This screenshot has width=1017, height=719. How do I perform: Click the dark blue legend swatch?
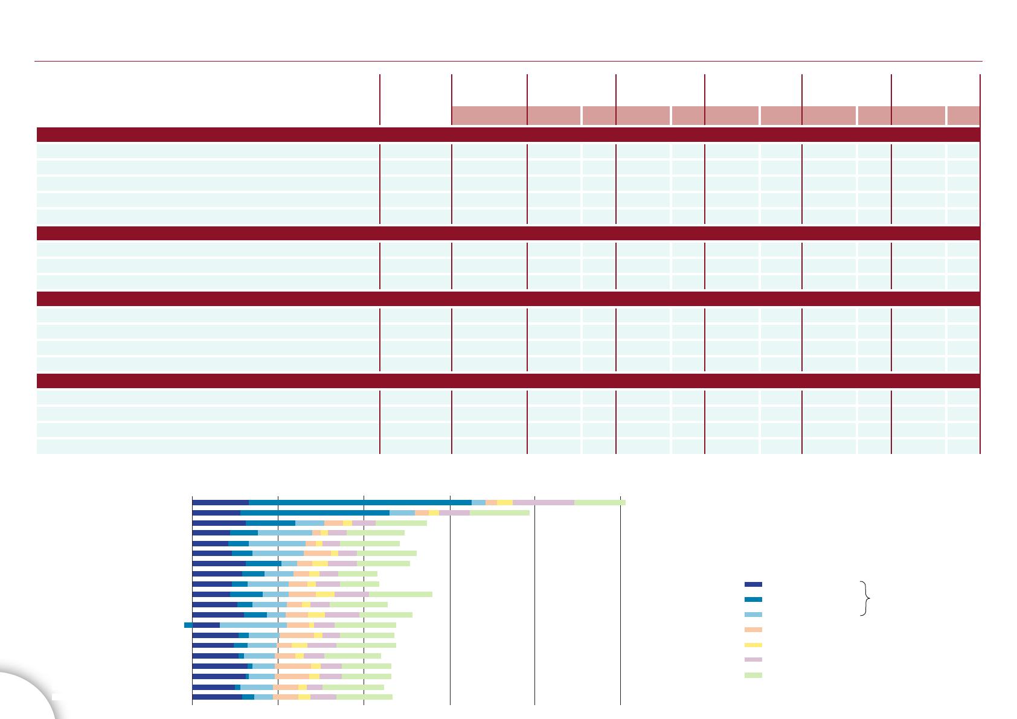click(x=753, y=584)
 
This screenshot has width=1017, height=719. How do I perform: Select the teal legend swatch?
click(x=753, y=599)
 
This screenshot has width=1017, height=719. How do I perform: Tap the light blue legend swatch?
click(x=753, y=615)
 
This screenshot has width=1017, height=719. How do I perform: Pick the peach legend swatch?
click(x=753, y=630)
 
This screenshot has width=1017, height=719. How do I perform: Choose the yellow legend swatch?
click(x=753, y=645)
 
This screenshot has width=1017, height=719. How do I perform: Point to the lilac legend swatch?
click(x=753, y=660)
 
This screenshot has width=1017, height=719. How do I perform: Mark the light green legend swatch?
click(x=753, y=676)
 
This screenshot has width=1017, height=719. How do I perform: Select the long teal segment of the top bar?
click(x=359, y=502)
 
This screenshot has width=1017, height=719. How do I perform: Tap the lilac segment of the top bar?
click(x=543, y=502)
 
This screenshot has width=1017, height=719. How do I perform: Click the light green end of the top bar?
click(x=599, y=502)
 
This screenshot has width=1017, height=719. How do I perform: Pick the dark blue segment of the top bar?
click(x=220, y=502)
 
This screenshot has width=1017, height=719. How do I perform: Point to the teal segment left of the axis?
click(x=188, y=625)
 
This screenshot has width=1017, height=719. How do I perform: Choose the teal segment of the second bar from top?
click(x=315, y=513)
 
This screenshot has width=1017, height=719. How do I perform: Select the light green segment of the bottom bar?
click(x=364, y=697)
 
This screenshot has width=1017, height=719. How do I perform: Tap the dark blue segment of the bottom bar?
click(x=217, y=697)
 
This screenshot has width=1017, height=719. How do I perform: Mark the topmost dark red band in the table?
click(x=508, y=134)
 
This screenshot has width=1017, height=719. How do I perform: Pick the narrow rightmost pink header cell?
click(x=963, y=115)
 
